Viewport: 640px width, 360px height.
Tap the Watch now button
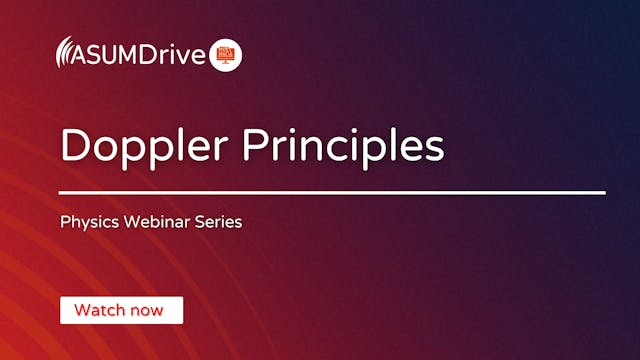coord(121,310)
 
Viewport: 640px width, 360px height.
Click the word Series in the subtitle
coord(220,222)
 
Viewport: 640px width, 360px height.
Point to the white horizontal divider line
coord(332,192)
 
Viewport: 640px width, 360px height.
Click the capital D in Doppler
coord(74,145)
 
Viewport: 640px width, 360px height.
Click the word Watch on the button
coord(99,310)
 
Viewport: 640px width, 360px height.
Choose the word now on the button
coord(147,310)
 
